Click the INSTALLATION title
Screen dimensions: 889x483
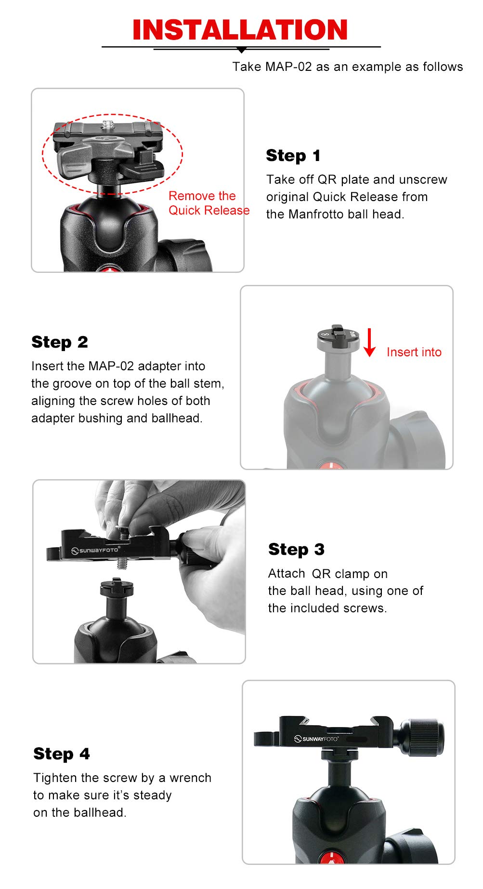(240, 30)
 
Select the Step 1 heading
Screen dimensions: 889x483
(293, 156)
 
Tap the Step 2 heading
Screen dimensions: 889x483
(60, 342)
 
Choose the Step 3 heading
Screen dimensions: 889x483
(296, 549)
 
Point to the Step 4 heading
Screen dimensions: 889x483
(61, 754)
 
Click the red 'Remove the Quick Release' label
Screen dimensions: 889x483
(208, 203)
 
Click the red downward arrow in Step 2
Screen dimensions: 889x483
(369, 343)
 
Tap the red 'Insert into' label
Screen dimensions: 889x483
(414, 352)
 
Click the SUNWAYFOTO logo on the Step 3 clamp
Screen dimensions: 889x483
(95, 550)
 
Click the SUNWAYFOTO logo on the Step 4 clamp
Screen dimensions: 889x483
(316, 739)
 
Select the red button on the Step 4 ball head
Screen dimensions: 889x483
(332, 859)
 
